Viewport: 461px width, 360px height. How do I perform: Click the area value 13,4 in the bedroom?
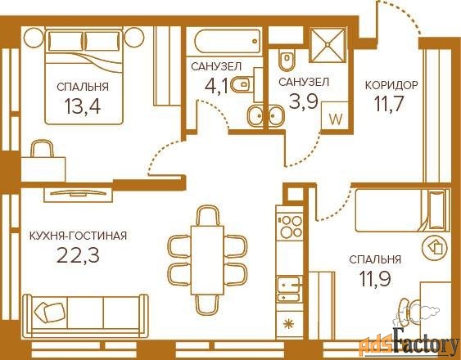click(83, 106)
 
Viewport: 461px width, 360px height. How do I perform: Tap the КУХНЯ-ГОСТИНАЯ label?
click(79, 236)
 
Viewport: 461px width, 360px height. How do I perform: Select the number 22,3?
click(78, 255)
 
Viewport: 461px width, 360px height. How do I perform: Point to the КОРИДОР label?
click(391, 85)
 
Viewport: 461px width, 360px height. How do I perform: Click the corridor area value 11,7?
click(388, 103)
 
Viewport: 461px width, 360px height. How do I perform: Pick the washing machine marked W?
click(336, 116)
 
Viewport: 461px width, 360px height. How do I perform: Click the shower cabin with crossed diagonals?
click(328, 45)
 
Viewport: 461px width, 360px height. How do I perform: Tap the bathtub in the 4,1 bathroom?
click(228, 41)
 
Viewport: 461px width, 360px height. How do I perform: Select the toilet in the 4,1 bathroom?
click(242, 85)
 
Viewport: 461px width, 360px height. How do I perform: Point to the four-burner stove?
click(290, 227)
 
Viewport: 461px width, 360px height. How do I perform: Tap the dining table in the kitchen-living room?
click(207, 260)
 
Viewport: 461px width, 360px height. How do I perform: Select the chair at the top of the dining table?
click(207, 215)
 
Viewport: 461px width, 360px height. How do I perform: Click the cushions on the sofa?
click(49, 313)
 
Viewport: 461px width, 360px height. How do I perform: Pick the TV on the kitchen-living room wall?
click(78, 193)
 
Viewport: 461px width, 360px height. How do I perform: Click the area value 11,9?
click(375, 278)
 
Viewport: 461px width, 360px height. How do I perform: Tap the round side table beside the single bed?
click(435, 248)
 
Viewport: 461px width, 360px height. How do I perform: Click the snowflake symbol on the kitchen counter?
click(289, 324)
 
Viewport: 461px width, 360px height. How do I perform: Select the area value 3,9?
click(304, 101)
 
